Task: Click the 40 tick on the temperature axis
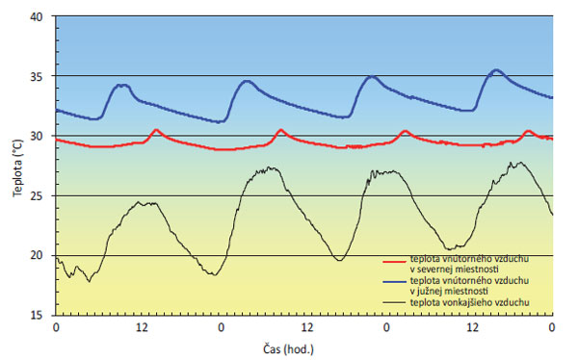pos(36,16)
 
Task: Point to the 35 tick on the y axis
pos(36,76)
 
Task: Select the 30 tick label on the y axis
pos(36,136)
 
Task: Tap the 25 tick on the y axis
pos(36,195)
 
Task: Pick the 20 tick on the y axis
pos(36,255)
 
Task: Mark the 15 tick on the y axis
pos(36,315)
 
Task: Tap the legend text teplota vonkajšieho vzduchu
pos(469,302)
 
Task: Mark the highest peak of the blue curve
pos(496,70)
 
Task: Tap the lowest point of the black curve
pos(89,281)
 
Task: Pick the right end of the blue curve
pos(552,97)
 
